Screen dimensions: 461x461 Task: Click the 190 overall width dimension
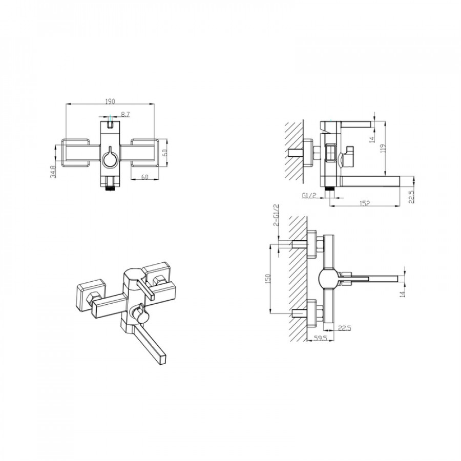[x=110, y=101]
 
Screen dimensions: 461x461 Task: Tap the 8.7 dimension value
[x=125, y=115]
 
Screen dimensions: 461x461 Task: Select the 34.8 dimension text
[x=53, y=172]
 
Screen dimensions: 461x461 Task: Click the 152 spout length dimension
[x=364, y=203]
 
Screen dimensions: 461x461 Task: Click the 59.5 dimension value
[x=320, y=339]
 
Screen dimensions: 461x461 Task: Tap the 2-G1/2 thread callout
[x=276, y=215]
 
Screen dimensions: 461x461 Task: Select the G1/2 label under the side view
[x=309, y=196]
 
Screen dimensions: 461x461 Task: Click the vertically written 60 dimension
[x=164, y=153]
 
